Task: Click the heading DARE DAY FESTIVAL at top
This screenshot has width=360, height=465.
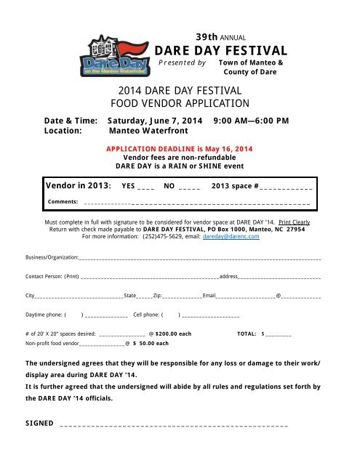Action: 222,50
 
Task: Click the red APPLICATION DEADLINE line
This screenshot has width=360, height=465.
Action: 179,148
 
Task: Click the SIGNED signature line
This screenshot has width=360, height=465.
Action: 175,425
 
